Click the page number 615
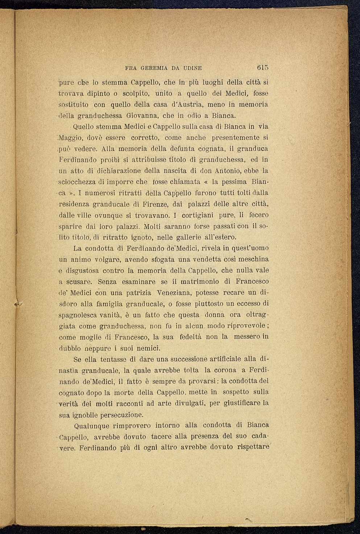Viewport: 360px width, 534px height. coord(262,67)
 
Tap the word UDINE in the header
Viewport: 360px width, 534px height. coord(193,68)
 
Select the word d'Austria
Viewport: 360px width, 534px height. coord(187,104)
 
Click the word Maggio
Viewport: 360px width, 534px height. coord(70,138)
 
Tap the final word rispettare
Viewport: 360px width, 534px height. coord(253,447)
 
